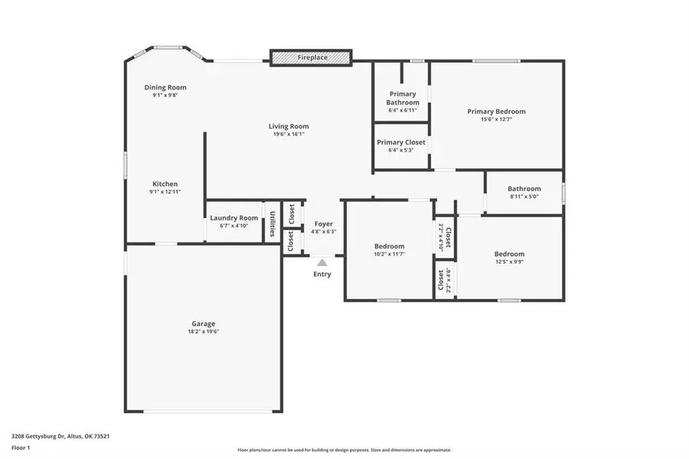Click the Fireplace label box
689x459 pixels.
click(x=311, y=57)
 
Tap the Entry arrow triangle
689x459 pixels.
click(x=322, y=262)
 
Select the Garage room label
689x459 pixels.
click(x=203, y=324)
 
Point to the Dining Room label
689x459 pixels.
click(x=165, y=87)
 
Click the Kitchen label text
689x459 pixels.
click(x=165, y=184)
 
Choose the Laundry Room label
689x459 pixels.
click(x=234, y=218)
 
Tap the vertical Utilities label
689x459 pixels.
click(x=272, y=223)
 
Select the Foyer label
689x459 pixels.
click(x=324, y=224)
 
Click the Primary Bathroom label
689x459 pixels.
click(x=403, y=98)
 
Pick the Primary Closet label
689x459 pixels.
click(x=401, y=142)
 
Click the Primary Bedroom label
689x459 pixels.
click(x=496, y=111)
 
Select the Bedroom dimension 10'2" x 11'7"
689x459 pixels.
click(x=389, y=255)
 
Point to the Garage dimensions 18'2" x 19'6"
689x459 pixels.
click(x=203, y=332)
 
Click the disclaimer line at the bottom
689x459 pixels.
click(x=344, y=451)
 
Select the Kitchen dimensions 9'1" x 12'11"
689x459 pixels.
click(x=165, y=192)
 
